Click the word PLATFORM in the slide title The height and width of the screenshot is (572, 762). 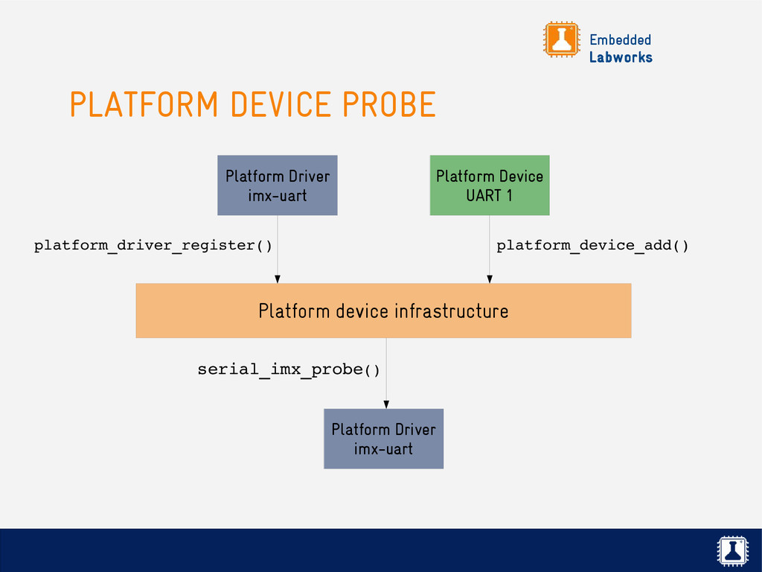[x=144, y=104]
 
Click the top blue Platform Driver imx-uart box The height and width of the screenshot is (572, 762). [x=277, y=185]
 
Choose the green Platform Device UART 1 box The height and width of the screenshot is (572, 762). [x=489, y=185]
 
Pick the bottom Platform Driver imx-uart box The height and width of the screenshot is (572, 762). [x=383, y=439]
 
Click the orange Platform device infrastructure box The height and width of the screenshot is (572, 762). [x=383, y=311]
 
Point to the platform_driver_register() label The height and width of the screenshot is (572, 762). [x=153, y=245]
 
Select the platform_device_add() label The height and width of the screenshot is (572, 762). [x=592, y=245]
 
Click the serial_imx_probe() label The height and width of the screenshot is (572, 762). [x=288, y=369]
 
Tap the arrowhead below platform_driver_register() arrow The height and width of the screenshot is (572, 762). [x=277, y=279]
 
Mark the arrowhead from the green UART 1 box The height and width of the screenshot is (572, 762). [x=489, y=279]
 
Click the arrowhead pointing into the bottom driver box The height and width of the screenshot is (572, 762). [x=385, y=404]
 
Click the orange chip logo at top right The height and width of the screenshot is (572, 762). [x=561, y=39]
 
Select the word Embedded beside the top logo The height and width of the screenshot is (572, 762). [x=620, y=39]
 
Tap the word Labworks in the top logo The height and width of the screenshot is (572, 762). [x=621, y=57]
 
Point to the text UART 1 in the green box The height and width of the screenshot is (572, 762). [x=489, y=196]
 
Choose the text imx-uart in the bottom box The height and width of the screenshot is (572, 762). [x=383, y=449]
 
